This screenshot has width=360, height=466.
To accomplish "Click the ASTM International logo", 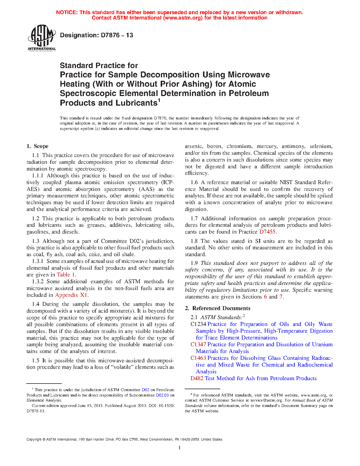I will tap(42, 38).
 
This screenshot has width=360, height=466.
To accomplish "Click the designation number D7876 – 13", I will tap(96, 35).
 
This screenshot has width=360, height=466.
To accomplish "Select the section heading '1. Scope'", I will tap(38, 146).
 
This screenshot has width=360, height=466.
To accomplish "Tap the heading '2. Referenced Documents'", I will tap(217, 308).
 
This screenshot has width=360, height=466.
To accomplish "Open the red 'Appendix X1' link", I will tap(71, 295).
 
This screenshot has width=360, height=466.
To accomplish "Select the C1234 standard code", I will tap(198, 324).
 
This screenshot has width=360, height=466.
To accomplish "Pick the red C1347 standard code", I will tap(198, 345).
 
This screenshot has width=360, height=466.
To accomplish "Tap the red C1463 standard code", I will tap(198, 358).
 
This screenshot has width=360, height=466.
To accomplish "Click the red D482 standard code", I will tap(197, 378).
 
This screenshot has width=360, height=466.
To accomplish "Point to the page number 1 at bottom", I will tap(180, 448).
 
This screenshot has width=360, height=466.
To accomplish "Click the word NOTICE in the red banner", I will tap(67, 12).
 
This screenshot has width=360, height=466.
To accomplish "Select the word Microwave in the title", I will tap(249, 75).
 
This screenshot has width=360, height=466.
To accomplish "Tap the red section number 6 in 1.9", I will tap(265, 297).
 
